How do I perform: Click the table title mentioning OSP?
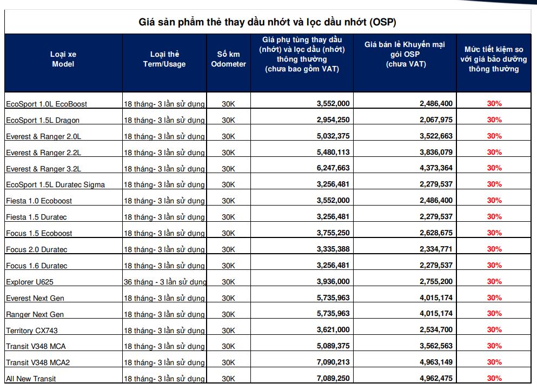[x=268, y=22]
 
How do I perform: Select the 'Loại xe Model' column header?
[x=63, y=59]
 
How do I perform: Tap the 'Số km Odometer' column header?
[x=228, y=59]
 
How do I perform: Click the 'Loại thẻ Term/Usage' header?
[x=164, y=59]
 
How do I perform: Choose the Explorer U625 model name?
[x=30, y=282]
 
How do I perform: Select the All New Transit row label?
[x=31, y=379]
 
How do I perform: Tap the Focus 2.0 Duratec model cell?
[x=37, y=250]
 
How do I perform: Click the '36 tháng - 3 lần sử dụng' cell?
[x=165, y=282]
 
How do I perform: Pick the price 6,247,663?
[x=333, y=168]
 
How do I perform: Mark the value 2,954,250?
[x=333, y=120]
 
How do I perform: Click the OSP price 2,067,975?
[x=436, y=120]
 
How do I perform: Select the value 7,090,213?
[x=333, y=362]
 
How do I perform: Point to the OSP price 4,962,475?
[x=436, y=379]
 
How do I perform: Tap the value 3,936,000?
[x=333, y=281]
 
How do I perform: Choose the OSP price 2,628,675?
[x=436, y=233]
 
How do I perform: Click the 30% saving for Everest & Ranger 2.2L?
[x=494, y=152]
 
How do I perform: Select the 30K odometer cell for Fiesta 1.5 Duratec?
[x=228, y=217]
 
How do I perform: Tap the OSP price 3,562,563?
[x=436, y=346]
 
